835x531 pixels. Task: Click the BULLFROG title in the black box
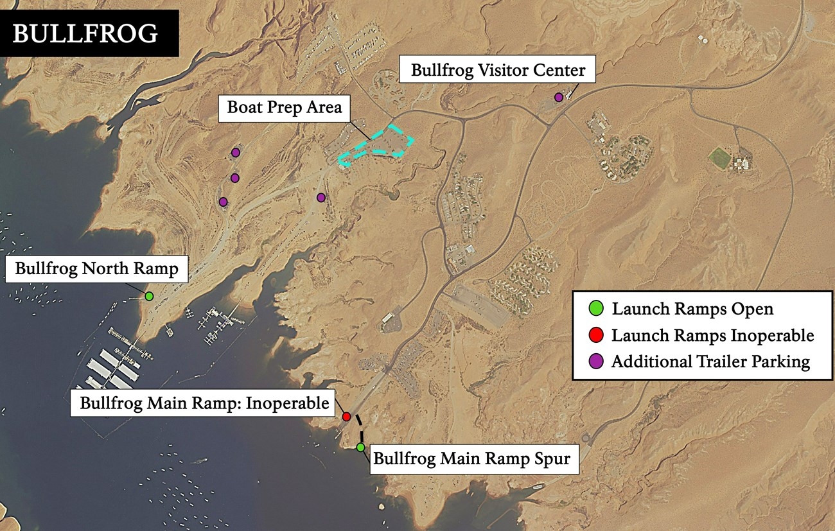click(85, 34)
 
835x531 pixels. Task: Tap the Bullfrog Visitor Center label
click(498, 69)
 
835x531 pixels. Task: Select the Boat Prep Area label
click(284, 107)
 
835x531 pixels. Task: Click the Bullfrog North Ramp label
click(96, 268)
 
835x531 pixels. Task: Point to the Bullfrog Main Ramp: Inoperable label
click(204, 403)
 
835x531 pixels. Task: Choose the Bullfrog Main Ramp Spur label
click(471, 460)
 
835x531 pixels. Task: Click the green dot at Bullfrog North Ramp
click(149, 296)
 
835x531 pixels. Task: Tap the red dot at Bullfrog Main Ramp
click(346, 417)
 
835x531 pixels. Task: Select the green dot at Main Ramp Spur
click(360, 447)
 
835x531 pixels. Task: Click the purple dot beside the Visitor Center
click(559, 97)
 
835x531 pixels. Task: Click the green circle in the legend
click(597, 309)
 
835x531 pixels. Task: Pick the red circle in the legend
click(597, 335)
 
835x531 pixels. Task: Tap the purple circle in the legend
click(597, 361)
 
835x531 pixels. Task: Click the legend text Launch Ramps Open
click(692, 309)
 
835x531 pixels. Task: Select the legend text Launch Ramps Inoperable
click(712, 335)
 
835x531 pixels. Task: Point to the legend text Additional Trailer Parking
click(710, 361)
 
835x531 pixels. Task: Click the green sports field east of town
click(720, 157)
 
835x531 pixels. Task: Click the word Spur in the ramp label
click(552, 460)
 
